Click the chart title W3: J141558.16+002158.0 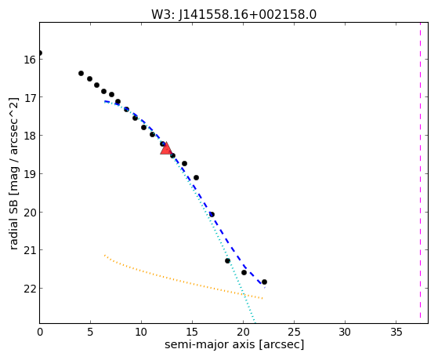coord(233,15)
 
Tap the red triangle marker coord(166,149)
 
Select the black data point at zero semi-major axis coord(40,53)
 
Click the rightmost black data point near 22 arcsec coord(264,282)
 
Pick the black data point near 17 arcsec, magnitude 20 coord(212,215)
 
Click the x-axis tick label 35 coord(396,333)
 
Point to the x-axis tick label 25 coord(294,333)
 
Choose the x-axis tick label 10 coord(141,333)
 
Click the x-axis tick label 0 coord(40,333)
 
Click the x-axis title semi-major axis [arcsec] coord(234,344)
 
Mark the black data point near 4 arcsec coord(81,73)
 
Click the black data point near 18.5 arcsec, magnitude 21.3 coord(227,260)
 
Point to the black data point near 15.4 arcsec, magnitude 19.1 coord(196,177)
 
